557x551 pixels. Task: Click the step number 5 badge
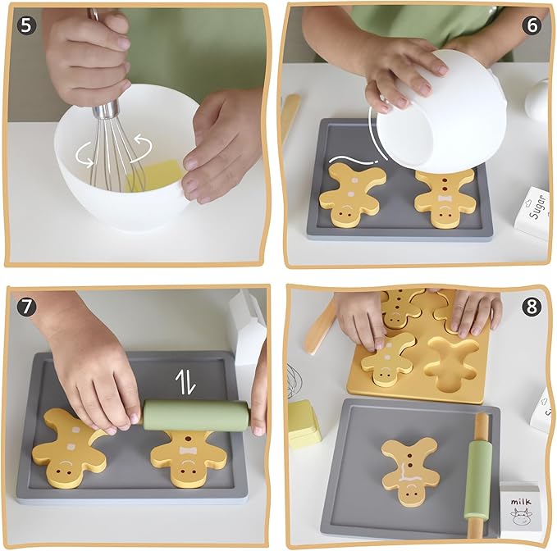(x=26, y=25)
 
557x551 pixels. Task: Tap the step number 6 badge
(x=532, y=25)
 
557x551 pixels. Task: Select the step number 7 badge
(x=26, y=307)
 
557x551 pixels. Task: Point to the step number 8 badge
(x=532, y=307)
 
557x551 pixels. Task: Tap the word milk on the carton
(x=521, y=502)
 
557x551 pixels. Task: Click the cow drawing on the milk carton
(x=522, y=517)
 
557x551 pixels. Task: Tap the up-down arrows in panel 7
(x=185, y=382)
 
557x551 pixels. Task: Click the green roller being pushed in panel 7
(x=196, y=416)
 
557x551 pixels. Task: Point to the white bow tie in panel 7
(x=188, y=451)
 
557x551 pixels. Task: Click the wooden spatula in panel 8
(x=320, y=328)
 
